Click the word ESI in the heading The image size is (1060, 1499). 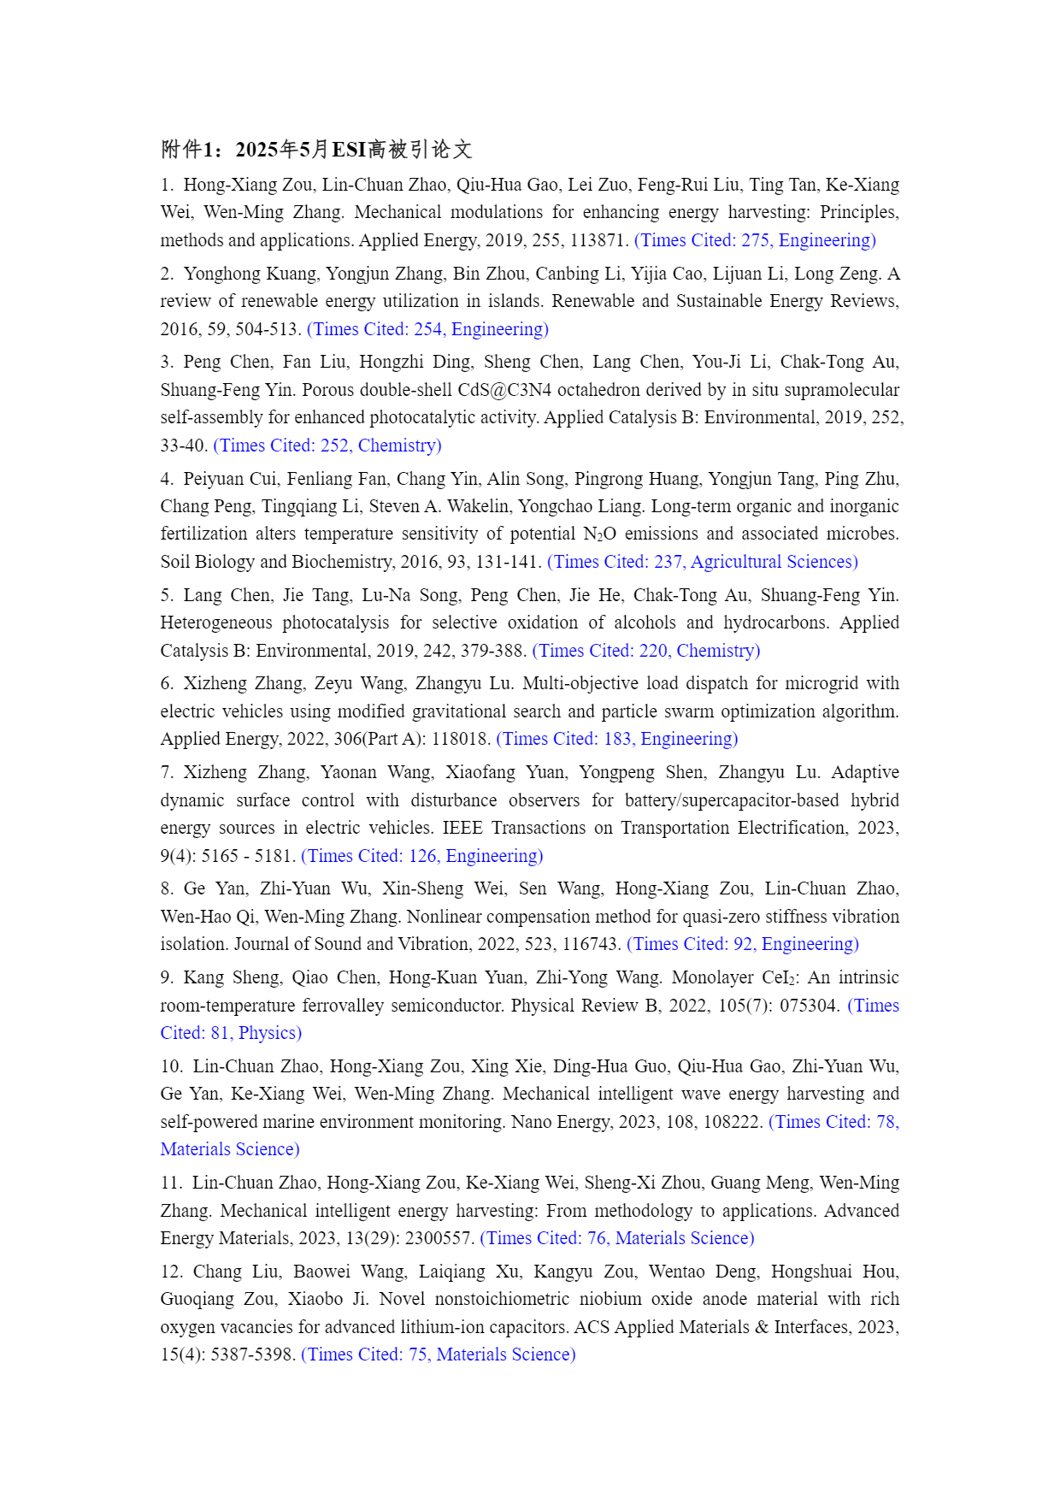pos(349,150)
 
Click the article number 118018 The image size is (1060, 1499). pos(462,739)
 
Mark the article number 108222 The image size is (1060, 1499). pos(732,1122)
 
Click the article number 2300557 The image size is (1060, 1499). pos(443,1238)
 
